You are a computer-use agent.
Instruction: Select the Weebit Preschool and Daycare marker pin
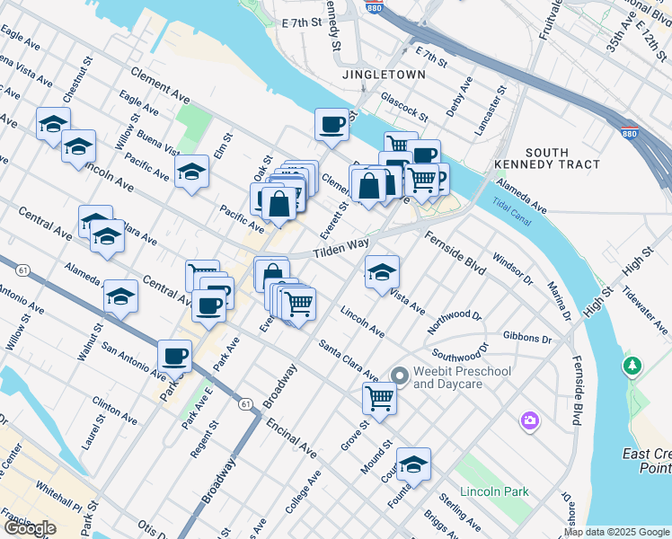400,376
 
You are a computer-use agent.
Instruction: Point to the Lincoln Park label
493,491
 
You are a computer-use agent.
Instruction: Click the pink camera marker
530,420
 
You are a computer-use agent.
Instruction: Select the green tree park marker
632,367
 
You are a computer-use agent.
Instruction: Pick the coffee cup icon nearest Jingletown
332,124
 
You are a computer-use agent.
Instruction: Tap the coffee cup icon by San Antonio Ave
174,356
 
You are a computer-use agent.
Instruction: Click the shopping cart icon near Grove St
380,397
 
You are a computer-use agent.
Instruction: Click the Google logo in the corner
29,528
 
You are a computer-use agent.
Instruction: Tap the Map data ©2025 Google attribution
617,532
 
